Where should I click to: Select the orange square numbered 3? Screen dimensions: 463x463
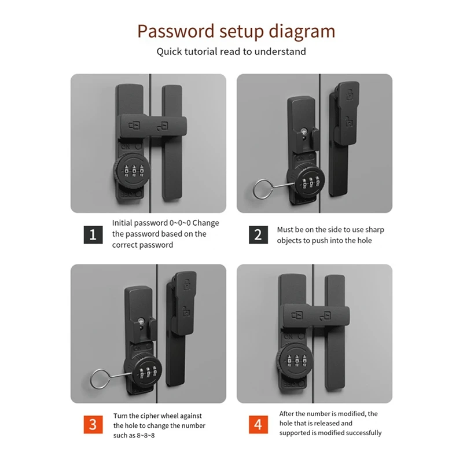click(x=93, y=424)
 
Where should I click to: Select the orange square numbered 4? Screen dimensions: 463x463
click(x=258, y=424)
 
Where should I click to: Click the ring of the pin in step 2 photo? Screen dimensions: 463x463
click(x=261, y=190)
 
